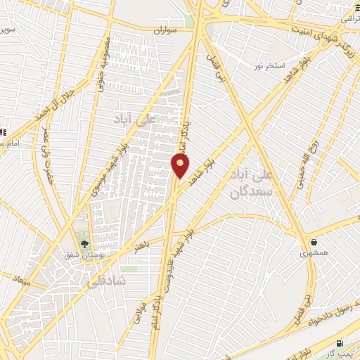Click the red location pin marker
(181, 165)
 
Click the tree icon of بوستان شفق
(85, 245)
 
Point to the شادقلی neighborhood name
(106, 281)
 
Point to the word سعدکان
(245, 191)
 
